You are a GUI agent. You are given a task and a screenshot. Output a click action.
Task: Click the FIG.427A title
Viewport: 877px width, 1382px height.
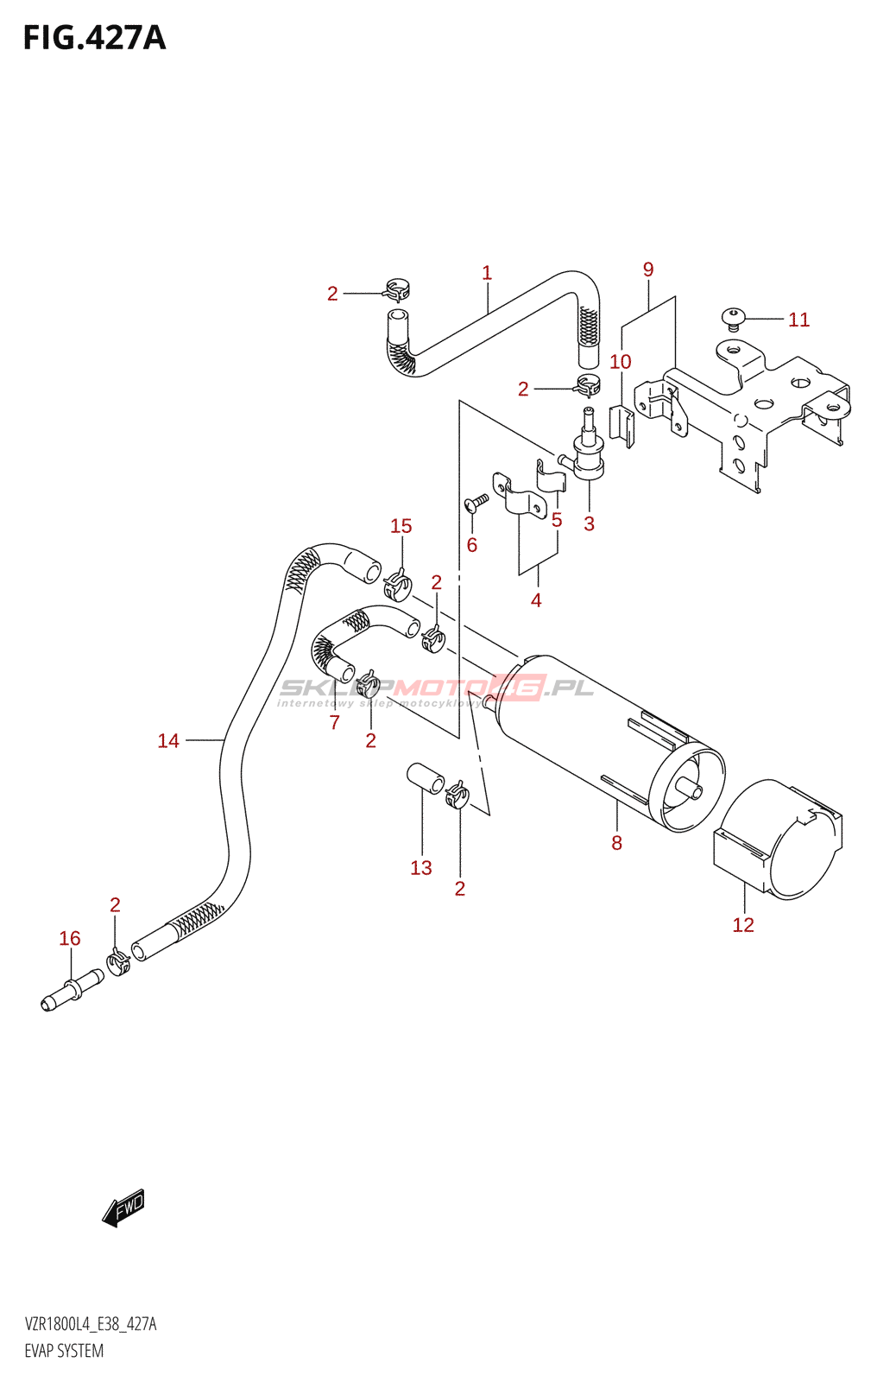(x=94, y=39)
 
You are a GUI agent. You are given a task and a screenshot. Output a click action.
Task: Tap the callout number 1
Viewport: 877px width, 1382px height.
(x=487, y=273)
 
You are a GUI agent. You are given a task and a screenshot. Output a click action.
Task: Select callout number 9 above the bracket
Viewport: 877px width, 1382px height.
(x=648, y=269)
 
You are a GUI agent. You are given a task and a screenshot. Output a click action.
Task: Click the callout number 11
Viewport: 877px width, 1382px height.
(x=798, y=320)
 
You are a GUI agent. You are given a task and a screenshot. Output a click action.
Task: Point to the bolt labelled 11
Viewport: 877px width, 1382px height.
(x=733, y=318)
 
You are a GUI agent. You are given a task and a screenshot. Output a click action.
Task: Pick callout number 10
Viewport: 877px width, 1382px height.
(x=621, y=362)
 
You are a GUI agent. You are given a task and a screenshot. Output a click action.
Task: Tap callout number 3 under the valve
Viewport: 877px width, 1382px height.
(x=589, y=523)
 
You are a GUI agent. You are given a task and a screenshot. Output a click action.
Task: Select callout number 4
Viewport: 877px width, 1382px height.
(x=536, y=600)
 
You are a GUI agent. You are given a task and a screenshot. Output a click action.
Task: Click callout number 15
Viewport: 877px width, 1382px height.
(x=401, y=526)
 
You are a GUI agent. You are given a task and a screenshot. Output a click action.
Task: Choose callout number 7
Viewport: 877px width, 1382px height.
(x=335, y=722)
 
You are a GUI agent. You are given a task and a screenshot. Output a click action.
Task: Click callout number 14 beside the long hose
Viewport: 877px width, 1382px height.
(x=168, y=740)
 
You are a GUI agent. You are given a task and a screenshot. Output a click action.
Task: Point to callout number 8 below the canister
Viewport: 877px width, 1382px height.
(x=616, y=843)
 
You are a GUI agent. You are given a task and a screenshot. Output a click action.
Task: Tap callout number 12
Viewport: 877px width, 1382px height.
(x=743, y=925)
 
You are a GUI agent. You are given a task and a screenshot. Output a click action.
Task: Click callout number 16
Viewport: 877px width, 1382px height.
(x=70, y=938)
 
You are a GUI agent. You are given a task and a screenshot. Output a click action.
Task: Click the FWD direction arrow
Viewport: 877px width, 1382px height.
(x=123, y=1208)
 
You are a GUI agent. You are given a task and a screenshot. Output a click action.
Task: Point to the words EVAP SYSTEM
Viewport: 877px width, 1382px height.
(x=64, y=1351)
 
